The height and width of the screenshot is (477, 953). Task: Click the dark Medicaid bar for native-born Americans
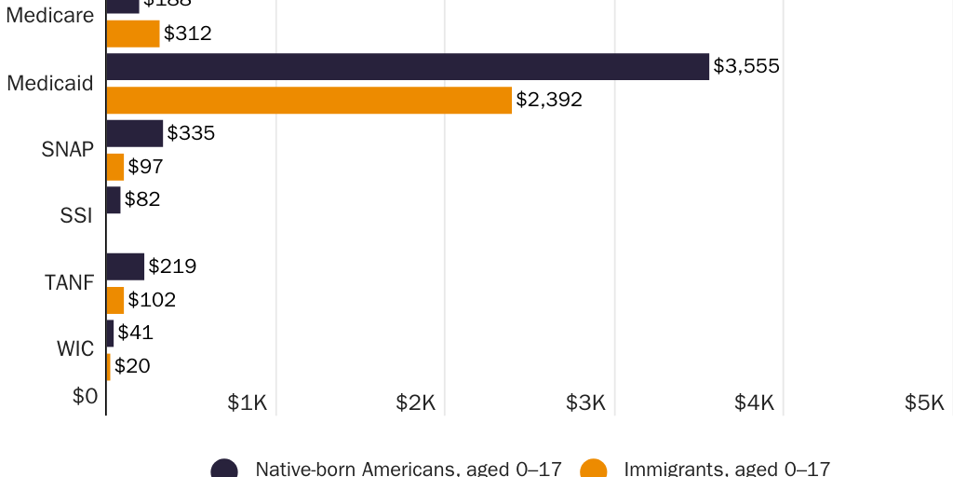click(x=408, y=66)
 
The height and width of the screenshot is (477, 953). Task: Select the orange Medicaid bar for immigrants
click(x=309, y=100)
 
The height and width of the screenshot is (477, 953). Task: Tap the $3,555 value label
click(x=746, y=66)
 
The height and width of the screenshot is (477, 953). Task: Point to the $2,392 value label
click(x=549, y=100)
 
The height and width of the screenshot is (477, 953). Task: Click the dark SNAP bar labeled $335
click(x=135, y=133)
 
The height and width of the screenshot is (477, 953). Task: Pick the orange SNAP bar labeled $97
click(x=115, y=167)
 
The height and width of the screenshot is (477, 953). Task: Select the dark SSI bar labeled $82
click(x=114, y=199)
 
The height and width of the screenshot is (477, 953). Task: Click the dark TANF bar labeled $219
click(x=126, y=266)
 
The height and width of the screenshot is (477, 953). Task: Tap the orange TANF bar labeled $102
click(x=115, y=300)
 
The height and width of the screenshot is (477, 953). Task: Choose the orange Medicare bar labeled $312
click(x=133, y=34)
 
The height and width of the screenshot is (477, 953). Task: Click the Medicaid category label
click(x=50, y=83)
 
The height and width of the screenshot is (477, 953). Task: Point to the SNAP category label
click(x=68, y=149)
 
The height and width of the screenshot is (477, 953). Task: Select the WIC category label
click(x=74, y=349)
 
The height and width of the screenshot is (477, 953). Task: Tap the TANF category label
click(x=70, y=282)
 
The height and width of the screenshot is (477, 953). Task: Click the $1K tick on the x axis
click(x=248, y=402)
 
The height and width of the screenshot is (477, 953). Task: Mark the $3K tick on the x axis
click(x=586, y=402)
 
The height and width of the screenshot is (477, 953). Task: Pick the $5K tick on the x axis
click(x=925, y=402)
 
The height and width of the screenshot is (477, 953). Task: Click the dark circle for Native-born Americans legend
click(x=224, y=469)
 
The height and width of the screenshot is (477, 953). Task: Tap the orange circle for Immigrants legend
click(x=593, y=469)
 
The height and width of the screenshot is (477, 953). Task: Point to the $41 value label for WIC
click(x=136, y=333)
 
